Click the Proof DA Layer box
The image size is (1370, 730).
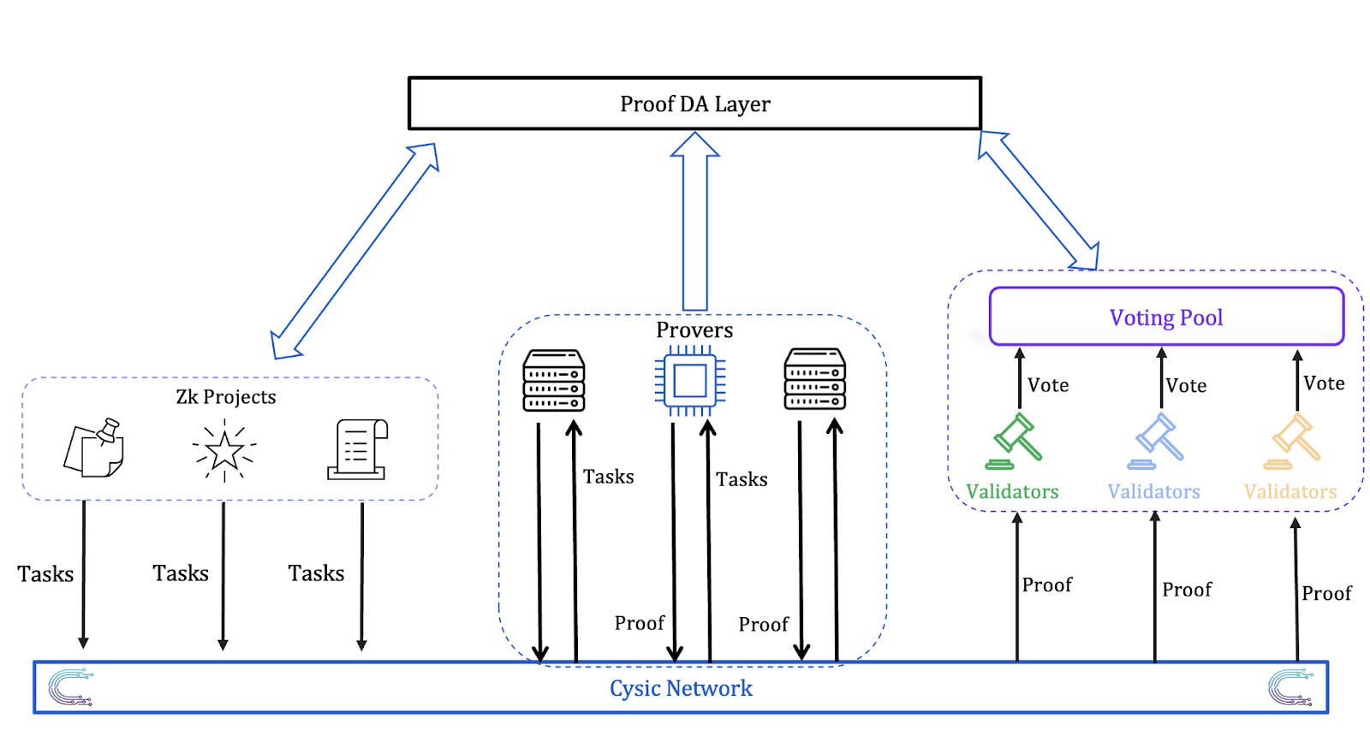pos(694,104)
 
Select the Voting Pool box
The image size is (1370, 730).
pos(1166,317)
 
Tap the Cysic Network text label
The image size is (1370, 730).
pos(681,688)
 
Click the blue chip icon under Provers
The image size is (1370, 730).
pos(690,381)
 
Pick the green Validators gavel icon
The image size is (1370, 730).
pos(1015,441)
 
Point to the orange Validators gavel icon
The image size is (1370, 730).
pos(1295,441)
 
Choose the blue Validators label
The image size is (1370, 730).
pos(1153,491)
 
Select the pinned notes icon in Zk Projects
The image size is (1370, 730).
pos(94,448)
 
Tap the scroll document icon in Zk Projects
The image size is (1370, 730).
pos(358,448)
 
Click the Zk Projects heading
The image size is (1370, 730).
pos(226,396)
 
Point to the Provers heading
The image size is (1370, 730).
pos(694,329)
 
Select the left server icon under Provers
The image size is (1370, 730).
pos(554,380)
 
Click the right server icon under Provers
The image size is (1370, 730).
pos(815,379)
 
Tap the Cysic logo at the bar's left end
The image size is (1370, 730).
pos(70,687)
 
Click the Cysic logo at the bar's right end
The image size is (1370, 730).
pos(1290,688)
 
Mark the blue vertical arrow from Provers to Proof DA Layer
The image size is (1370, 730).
pos(695,223)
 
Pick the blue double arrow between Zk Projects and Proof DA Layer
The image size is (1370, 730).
pos(354,251)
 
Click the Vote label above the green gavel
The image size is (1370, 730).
pos(1048,385)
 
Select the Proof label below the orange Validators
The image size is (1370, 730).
pos(1326,593)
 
